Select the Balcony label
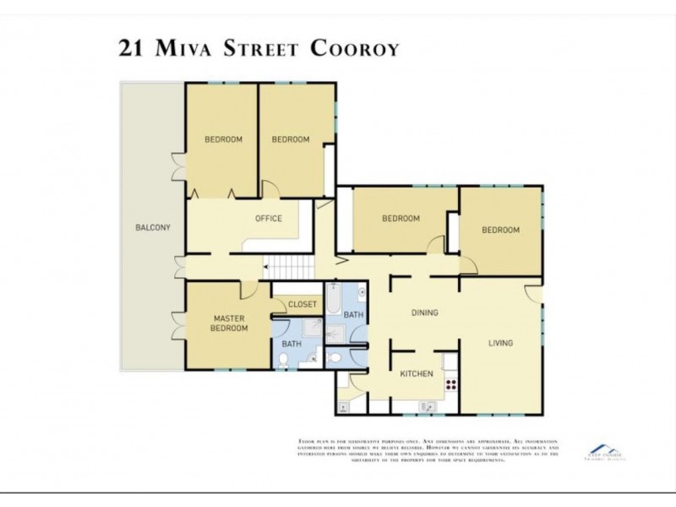[153, 227]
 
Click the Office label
[269, 219]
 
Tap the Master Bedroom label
[228, 323]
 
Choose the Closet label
[303, 304]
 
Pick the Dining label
[424, 313]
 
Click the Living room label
[500, 342]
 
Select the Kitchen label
[416, 373]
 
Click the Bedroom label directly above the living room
[500, 230]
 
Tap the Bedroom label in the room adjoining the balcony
[223, 139]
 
